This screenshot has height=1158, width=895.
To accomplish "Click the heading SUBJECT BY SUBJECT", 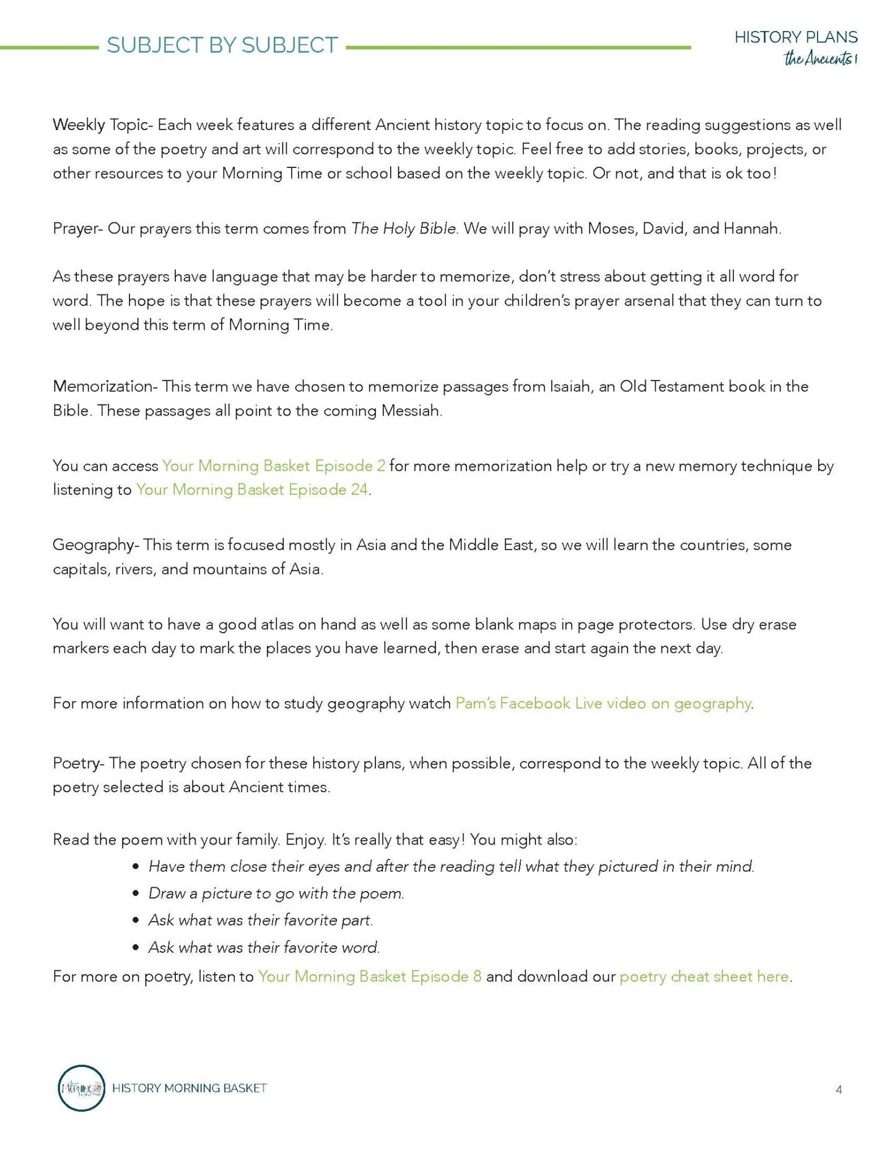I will pyautogui.click(x=222, y=45).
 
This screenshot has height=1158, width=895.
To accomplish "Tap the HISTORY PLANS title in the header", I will pyautogui.click(x=796, y=37).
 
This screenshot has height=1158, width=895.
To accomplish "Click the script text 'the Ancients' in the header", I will pyautogui.click(x=819, y=59).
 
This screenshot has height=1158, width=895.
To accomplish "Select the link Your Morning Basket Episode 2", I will pyautogui.click(x=273, y=465).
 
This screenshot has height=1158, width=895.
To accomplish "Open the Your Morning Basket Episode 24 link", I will pyautogui.click(x=252, y=489).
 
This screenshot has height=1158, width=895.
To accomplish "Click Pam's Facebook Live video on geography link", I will pyautogui.click(x=603, y=703).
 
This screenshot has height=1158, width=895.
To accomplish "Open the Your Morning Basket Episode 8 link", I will pyautogui.click(x=370, y=976).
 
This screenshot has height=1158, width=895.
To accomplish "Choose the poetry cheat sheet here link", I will pyautogui.click(x=705, y=976).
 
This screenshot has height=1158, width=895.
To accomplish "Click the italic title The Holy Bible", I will pyautogui.click(x=404, y=228).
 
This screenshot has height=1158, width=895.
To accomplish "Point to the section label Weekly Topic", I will pyautogui.click(x=100, y=125).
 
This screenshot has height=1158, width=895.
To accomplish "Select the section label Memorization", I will pyautogui.click(x=103, y=386).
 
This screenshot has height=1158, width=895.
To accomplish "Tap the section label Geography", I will pyautogui.click(x=94, y=545).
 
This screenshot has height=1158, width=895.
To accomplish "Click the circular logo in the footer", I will pyautogui.click(x=81, y=1088).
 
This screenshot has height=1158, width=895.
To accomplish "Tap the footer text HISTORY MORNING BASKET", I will pyautogui.click(x=190, y=1088).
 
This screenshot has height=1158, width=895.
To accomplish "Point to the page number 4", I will pyautogui.click(x=839, y=1089).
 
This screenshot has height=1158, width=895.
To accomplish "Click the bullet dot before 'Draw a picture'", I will pyautogui.click(x=136, y=893).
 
